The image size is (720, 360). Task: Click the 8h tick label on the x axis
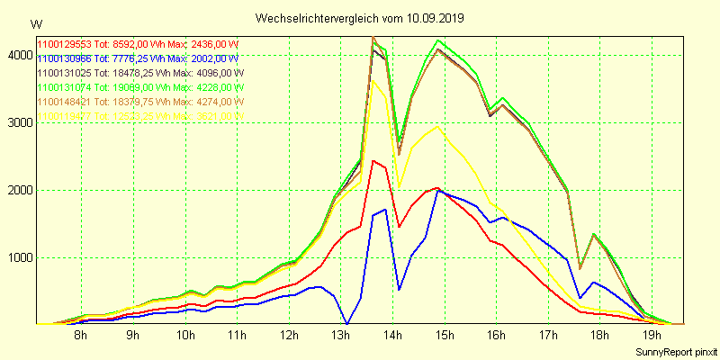(81, 336)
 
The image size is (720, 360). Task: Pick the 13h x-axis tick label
(341, 336)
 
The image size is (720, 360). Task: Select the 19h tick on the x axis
(653, 336)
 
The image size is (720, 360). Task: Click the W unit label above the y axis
(35, 24)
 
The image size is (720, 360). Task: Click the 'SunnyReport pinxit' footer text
(674, 351)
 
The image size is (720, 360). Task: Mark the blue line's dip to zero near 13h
(347, 323)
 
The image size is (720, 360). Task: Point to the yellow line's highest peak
(373, 81)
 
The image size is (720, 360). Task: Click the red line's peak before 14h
(373, 161)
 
